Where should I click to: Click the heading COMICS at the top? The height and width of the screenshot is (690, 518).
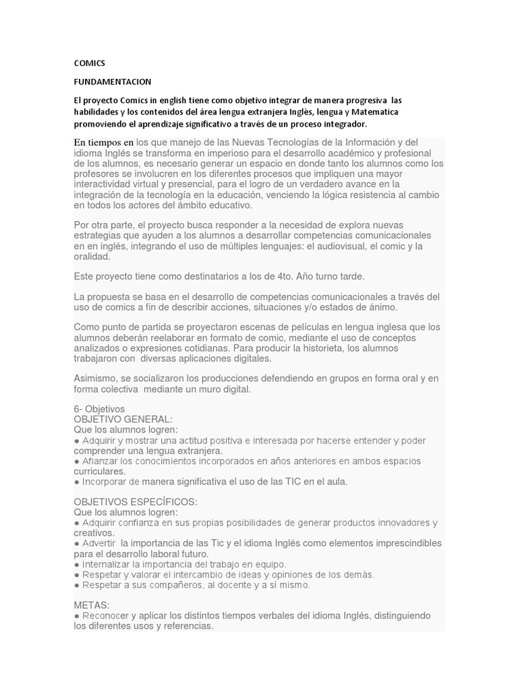pyautogui.click(x=89, y=63)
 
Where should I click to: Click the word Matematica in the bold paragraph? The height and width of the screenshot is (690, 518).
pyautogui.click(x=375, y=112)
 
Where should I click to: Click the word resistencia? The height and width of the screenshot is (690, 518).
pyautogui.click(x=372, y=195)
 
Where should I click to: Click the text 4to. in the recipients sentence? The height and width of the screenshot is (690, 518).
pyautogui.click(x=287, y=276)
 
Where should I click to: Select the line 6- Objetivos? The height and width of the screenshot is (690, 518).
pyautogui.click(x=99, y=409)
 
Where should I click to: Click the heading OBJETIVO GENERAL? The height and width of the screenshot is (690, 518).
pyautogui.click(x=123, y=419)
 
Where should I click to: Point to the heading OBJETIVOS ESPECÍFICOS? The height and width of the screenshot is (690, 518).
pyautogui.click(x=135, y=502)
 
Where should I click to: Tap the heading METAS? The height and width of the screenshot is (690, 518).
pyautogui.click(x=91, y=605)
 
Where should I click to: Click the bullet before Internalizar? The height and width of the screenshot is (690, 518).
pyautogui.click(x=77, y=564)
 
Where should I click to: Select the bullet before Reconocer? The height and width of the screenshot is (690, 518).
pyautogui.click(x=77, y=616)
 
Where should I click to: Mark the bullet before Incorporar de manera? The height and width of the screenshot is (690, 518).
pyautogui.click(x=77, y=482)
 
